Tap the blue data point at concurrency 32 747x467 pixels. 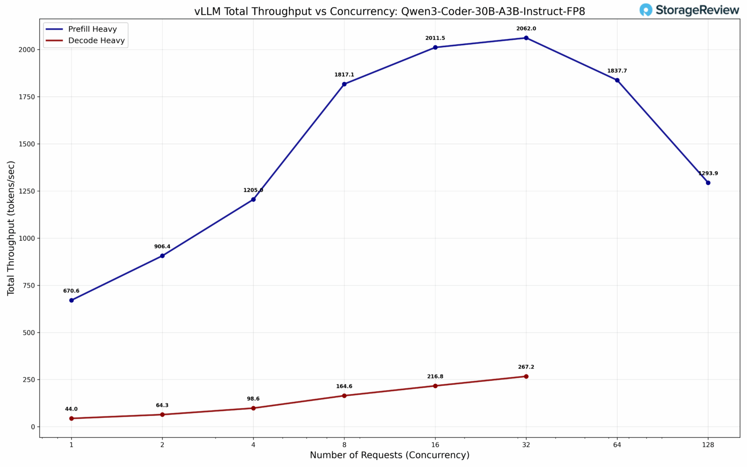(x=526, y=38)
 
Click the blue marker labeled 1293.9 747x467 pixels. (x=708, y=183)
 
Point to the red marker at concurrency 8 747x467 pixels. (x=344, y=395)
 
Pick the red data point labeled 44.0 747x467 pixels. (x=71, y=418)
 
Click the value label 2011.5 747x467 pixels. (x=435, y=38)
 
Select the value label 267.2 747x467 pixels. (x=526, y=367)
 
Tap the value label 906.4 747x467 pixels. (x=162, y=247)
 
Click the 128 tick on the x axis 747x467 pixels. (x=708, y=444)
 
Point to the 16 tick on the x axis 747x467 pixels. (x=435, y=444)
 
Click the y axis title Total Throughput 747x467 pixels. (x=11, y=228)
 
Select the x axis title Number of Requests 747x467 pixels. (x=390, y=455)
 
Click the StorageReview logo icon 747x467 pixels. (x=646, y=10)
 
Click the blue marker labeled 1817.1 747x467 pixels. (x=344, y=84)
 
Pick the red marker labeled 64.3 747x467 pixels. (x=162, y=414)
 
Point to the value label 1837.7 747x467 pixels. (x=617, y=71)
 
